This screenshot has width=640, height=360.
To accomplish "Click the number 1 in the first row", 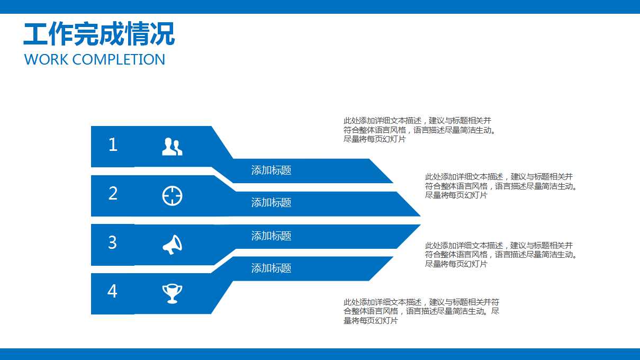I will coord(113,145).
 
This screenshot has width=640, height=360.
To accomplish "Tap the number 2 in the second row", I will coord(113,194).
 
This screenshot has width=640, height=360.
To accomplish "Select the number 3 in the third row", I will coord(112,242).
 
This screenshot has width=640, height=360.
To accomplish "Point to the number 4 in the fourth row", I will coord(112,291).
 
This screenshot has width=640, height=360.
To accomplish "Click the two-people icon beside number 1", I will coord(172,147).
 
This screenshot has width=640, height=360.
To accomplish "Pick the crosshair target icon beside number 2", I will coord(172,196).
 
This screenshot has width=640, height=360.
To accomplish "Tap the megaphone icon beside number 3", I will coord(172,245).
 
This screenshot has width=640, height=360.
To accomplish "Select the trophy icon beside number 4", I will coord(172,293).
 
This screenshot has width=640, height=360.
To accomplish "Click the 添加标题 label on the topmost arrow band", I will coord(271,170).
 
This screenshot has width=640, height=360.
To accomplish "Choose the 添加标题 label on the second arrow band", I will coord(271,203).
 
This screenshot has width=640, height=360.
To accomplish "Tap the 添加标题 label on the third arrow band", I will coord(271,236).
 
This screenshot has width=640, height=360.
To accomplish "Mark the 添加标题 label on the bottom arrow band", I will coord(271,268).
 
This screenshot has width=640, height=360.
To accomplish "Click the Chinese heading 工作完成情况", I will coord(99,34).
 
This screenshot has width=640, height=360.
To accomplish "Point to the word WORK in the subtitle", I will coord(47,59).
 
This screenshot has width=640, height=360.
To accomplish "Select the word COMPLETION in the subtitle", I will coord(119,59).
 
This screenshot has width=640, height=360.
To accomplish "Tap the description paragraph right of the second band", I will coord(500,186).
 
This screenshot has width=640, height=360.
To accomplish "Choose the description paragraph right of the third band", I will coord(500,255).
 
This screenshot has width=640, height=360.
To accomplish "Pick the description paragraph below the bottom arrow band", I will coord(421,311).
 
